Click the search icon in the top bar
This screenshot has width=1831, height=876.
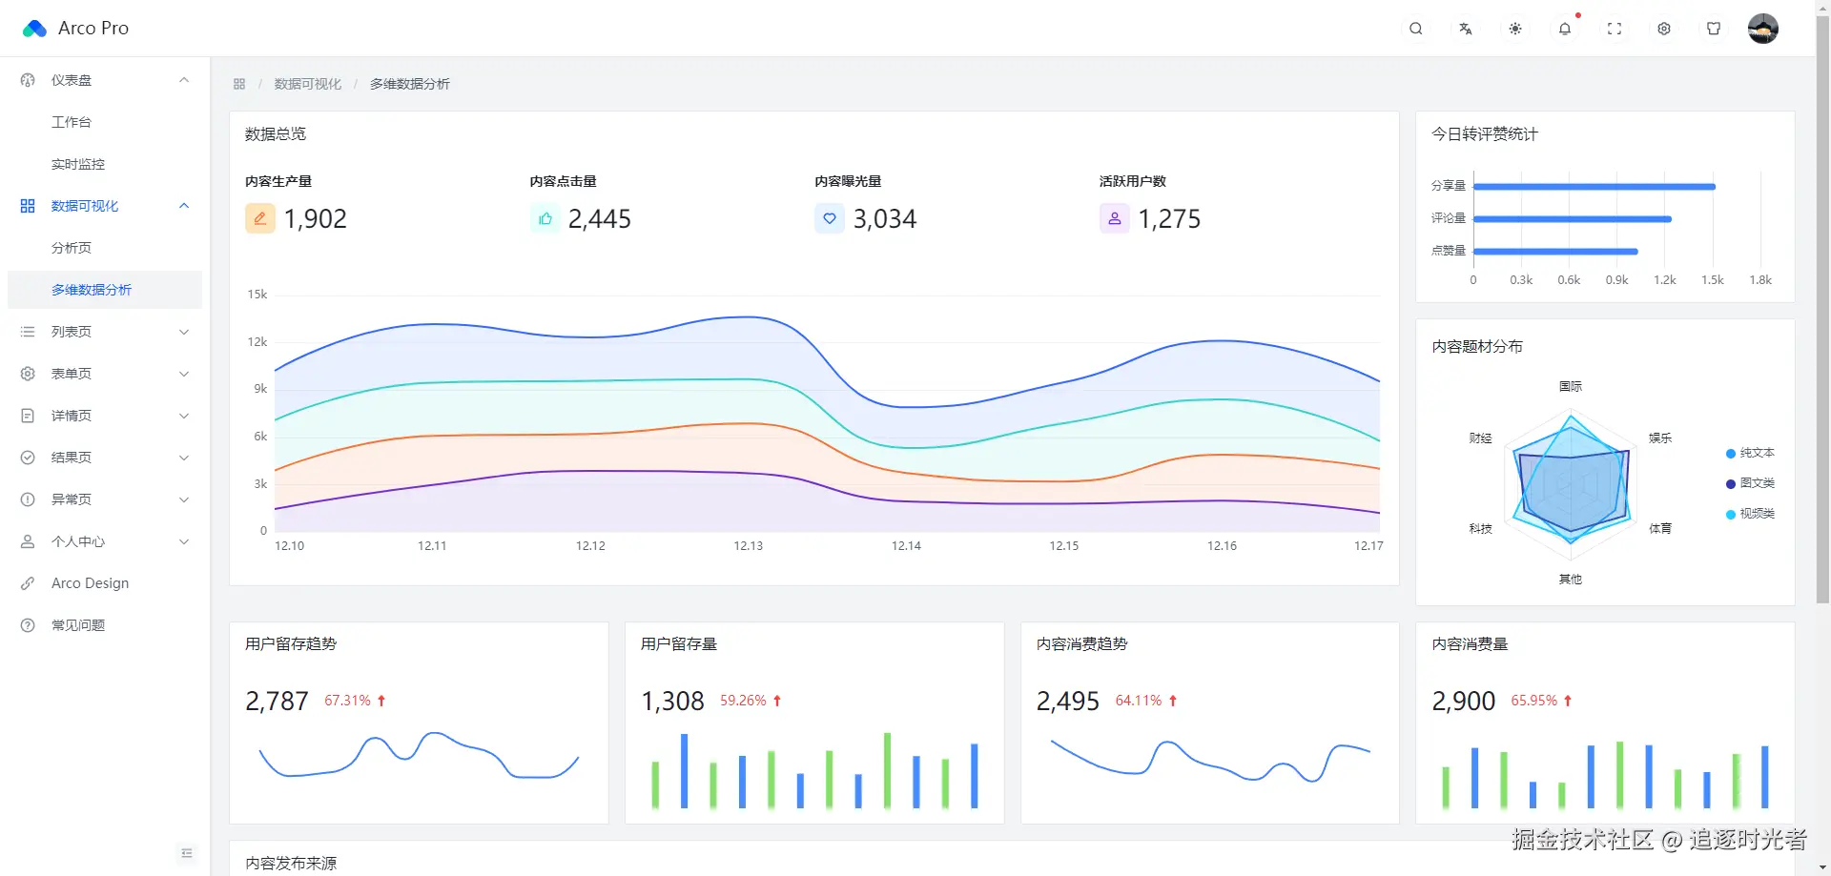click(x=1416, y=29)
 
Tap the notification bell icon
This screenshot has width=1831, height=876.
click(x=1565, y=29)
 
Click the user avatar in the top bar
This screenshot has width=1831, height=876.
click(x=1762, y=29)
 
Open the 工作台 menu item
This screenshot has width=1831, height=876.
click(x=72, y=122)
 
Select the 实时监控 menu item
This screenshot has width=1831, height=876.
click(x=78, y=164)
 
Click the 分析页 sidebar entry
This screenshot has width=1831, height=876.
click(x=72, y=248)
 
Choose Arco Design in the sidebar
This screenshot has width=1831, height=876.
click(x=90, y=583)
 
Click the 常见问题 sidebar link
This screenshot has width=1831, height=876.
click(x=78, y=625)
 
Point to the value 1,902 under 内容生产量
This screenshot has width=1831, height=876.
click(x=316, y=219)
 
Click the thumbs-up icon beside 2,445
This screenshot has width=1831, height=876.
click(x=545, y=219)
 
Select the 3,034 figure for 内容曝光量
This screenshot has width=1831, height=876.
click(x=884, y=219)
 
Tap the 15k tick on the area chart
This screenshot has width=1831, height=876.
click(x=257, y=295)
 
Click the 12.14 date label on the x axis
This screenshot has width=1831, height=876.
click(x=906, y=546)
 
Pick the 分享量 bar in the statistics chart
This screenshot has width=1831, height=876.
click(x=1594, y=187)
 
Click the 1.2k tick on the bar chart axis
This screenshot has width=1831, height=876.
click(x=1664, y=280)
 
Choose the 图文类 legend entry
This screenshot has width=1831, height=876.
click(x=1756, y=483)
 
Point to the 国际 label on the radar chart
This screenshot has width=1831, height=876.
click(x=1570, y=387)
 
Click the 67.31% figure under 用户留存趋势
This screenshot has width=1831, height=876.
click(x=347, y=701)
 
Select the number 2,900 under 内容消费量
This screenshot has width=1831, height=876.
click(x=1463, y=702)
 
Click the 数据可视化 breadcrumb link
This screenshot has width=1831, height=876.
click(x=307, y=84)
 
